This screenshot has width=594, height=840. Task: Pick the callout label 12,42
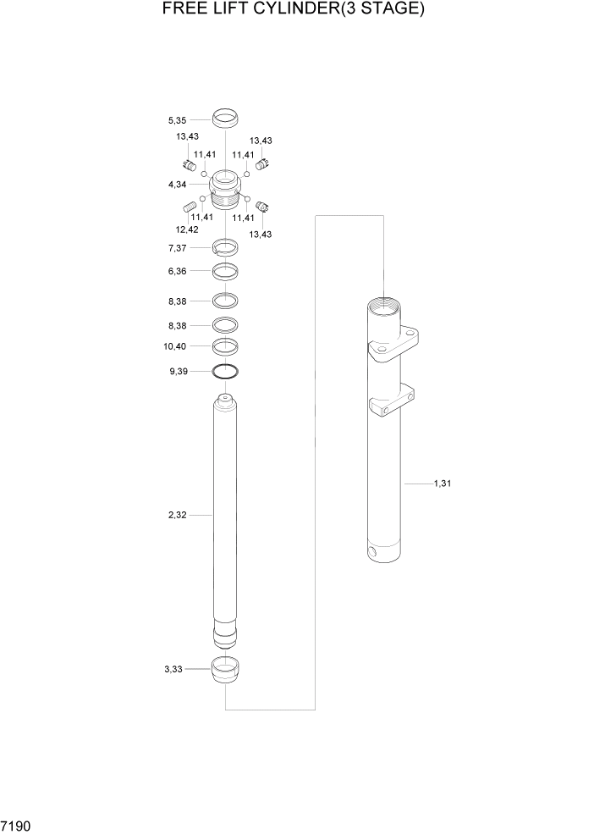pos(187,229)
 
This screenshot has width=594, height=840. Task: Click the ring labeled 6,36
pos(225,272)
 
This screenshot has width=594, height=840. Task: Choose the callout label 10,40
pos(175,346)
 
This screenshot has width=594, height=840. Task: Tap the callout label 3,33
pos(173,669)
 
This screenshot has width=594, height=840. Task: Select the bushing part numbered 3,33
pos(225,671)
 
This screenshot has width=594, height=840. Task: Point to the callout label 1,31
pos(443,484)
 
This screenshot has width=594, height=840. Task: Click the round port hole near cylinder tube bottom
pos(373,554)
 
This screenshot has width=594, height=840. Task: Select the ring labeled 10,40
pos(225,345)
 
